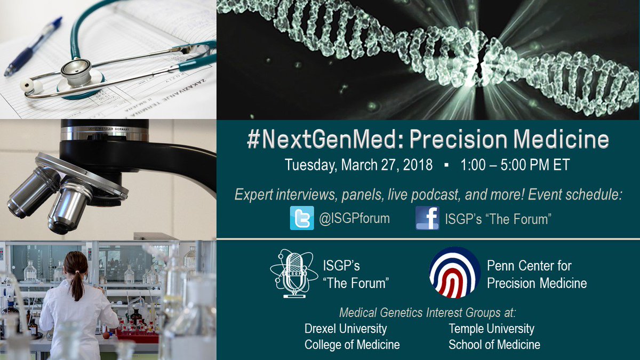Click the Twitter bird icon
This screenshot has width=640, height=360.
[x=302, y=218]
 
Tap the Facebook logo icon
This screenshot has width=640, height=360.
[x=427, y=218]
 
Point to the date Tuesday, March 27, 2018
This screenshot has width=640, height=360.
[x=358, y=165]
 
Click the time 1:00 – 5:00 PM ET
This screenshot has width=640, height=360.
[x=515, y=165]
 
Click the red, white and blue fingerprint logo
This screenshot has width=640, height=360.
[x=455, y=273]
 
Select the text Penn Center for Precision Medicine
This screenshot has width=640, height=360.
[x=537, y=274]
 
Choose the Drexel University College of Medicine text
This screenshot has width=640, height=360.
[x=351, y=337]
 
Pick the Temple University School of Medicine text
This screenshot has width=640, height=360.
[x=494, y=337]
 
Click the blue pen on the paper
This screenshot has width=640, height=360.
[x=34, y=46]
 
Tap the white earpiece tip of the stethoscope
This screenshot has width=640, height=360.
[x=26, y=85]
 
